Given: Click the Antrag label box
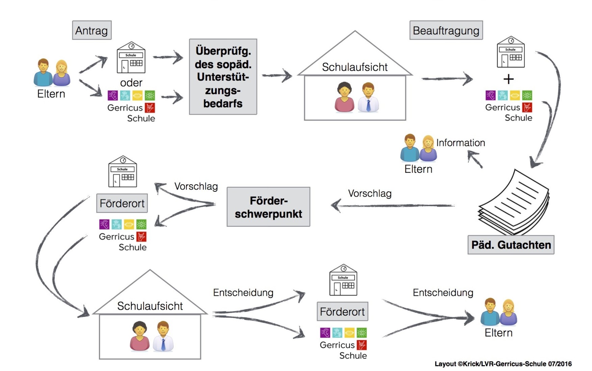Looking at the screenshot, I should [x=92, y=30].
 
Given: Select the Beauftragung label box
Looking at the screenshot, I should [x=446, y=30].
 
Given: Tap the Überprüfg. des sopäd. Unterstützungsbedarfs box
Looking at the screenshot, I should [x=223, y=77].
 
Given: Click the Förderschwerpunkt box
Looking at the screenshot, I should [x=268, y=207].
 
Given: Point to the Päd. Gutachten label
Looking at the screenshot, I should [x=511, y=245].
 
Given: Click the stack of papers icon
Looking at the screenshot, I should [x=514, y=203].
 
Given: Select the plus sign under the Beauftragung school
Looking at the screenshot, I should [x=508, y=79].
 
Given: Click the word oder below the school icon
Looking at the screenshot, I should [x=131, y=83].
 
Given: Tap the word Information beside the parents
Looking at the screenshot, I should [x=460, y=143].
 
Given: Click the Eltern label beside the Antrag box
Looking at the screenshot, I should [x=51, y=94].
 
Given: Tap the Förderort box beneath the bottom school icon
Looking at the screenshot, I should [x=342, y=312].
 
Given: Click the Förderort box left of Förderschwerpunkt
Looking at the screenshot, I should [x=122, y=203].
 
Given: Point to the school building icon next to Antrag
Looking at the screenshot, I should [x=131, y=58].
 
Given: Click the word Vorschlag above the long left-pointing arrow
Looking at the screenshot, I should [x=370, y=194].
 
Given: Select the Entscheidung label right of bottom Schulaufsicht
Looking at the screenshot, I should [x=243, y=292].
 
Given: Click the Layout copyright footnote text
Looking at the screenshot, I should [x=503, y=364].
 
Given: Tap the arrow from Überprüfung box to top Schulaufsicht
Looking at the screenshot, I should [x=277, y=75].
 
